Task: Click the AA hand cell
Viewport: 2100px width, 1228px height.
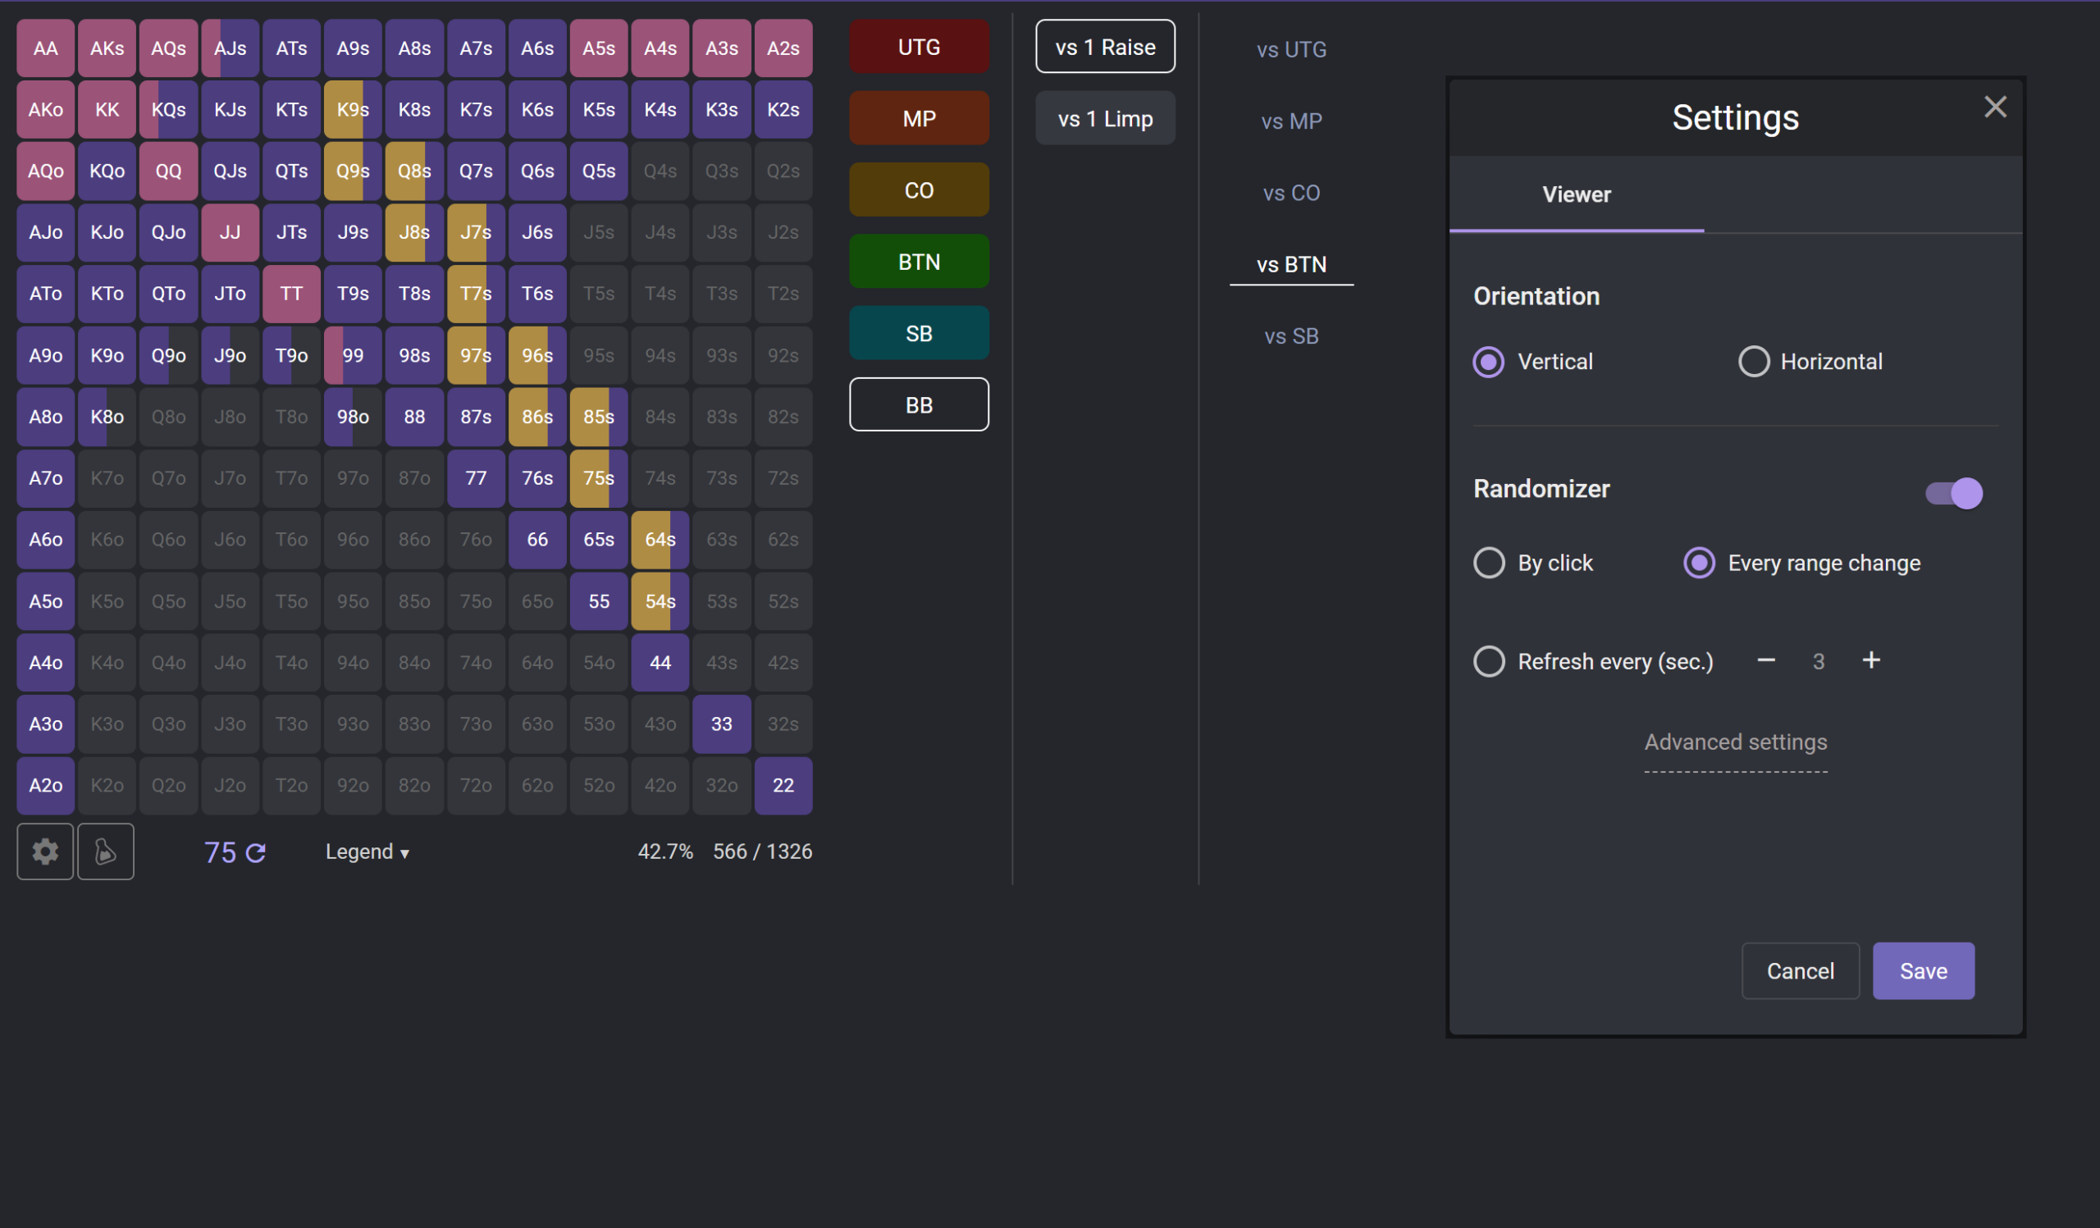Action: coord(46,48)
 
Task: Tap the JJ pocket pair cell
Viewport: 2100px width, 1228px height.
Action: coord(230,232)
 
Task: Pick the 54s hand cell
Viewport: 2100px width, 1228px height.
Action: coord(660,600)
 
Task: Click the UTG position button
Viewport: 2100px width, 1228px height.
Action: coord(920,47)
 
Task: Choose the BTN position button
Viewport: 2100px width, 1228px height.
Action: coord(920,262)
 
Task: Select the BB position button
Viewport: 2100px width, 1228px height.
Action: coord(920,405)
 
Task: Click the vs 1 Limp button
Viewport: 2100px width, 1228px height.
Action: coord(1105,118)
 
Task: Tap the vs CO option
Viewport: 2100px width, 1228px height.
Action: coord(1291,193)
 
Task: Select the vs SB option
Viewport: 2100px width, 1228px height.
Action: coord(1291,336)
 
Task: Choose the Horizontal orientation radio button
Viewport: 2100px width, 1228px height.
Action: coord(1753,362)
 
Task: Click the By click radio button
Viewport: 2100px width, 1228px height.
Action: coord(1488,564)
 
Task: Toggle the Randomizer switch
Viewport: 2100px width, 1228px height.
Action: coord(1953,493)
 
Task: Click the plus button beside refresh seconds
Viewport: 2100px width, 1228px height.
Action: coord(1871,660)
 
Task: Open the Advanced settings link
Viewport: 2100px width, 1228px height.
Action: coord(1735,742)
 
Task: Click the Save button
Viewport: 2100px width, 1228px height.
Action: coord(1924,970)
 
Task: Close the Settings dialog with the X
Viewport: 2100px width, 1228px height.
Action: coord(1995,107)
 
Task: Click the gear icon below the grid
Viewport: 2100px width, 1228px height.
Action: coord(45,851)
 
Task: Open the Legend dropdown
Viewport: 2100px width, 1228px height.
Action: coord(367,851)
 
